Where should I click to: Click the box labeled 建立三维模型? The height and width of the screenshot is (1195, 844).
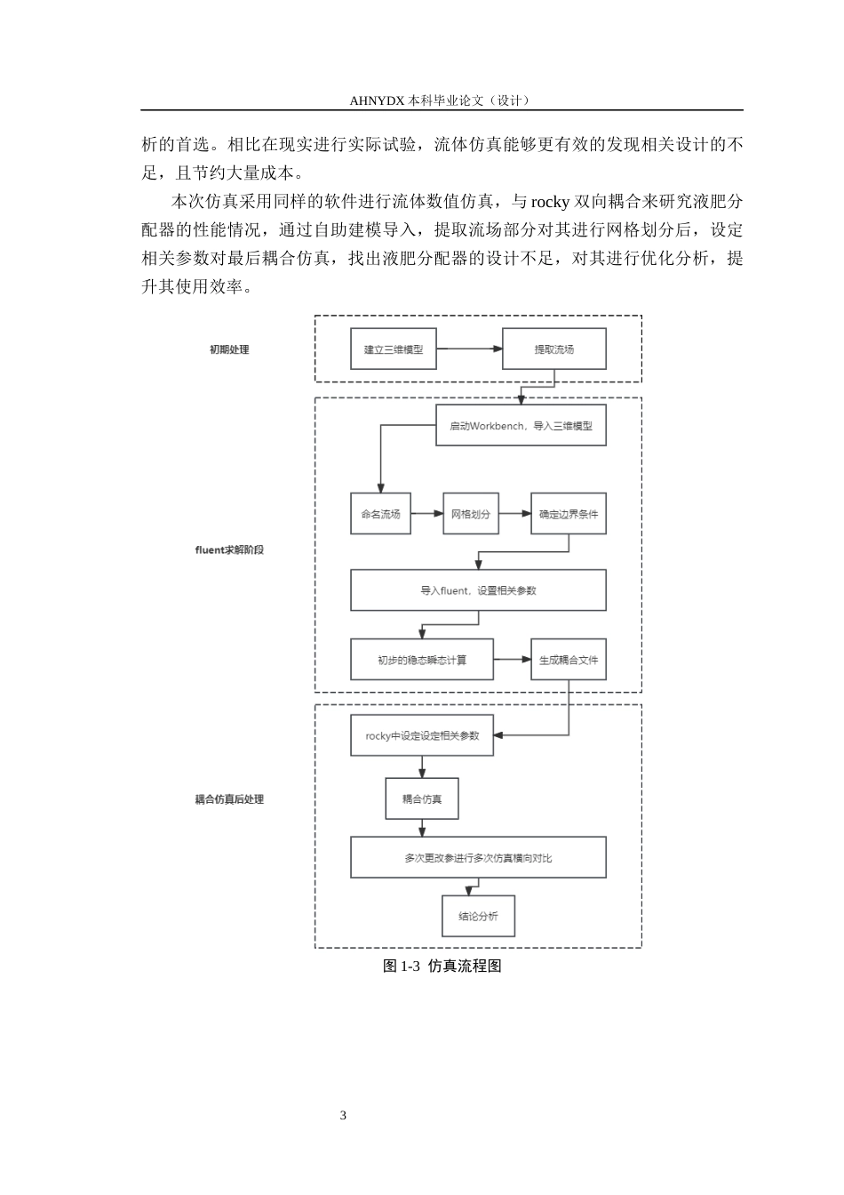click(x=394, y=349)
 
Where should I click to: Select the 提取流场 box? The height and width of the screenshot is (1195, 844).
click(x=554, y=349)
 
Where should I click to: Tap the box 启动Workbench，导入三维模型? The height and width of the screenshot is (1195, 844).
click(x=521, y=425)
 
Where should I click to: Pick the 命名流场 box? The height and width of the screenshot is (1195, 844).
click(x=380, y=514)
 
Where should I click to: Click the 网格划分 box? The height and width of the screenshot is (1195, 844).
click(x=471, y=514)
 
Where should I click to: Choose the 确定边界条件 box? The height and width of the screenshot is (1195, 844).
click(x=569, y=514)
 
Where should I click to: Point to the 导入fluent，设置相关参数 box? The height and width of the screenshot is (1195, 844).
click(x=478, y=590)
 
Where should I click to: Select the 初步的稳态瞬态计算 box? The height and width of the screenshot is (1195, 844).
click(x=422, y=660)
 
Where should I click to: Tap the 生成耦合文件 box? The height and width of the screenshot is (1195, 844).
click(x=569, y=660)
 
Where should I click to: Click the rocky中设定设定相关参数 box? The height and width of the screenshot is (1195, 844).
click(x=422, y=735)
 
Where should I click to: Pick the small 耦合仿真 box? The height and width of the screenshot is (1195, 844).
click(x=422, y=798)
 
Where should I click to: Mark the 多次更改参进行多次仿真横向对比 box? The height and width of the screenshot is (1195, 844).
click(x=478, y=857)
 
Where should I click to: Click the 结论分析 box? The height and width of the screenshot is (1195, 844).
click(x=478, y=916)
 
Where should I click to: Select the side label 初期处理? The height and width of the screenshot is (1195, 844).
click(x=229, y=349)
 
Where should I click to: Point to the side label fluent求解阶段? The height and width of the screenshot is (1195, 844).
click(x=229, y=550)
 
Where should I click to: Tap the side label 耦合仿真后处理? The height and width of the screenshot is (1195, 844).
click(x=229, y=799)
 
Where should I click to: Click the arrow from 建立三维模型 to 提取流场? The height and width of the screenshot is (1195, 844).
click(x=469, y=349)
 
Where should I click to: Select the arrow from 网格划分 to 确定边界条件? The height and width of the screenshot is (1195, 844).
click(x=515, y=514)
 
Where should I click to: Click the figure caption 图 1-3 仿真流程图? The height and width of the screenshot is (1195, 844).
click(x=442, y=966)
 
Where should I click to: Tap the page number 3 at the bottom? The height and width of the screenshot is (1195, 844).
click(x=343, y=1115)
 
